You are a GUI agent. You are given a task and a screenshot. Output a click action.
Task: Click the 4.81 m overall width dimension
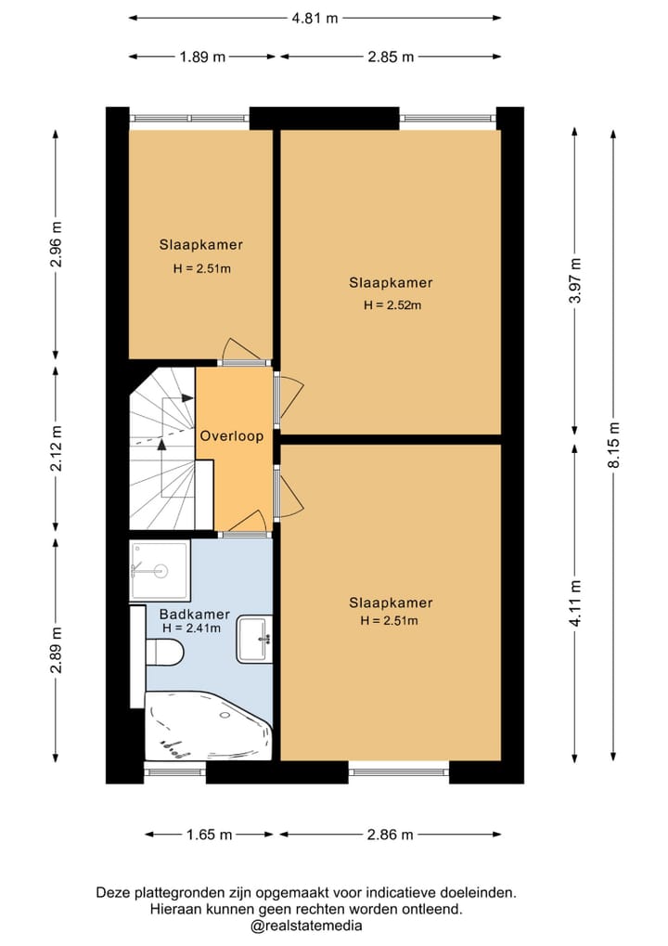315,18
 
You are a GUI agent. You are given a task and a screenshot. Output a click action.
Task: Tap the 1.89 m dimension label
202,57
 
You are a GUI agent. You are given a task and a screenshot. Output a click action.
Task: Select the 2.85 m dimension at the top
391,57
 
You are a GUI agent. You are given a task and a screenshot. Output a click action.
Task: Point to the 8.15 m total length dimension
614,444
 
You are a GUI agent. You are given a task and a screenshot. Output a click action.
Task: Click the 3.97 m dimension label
576,280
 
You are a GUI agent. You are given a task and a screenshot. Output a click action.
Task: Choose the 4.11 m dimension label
576,603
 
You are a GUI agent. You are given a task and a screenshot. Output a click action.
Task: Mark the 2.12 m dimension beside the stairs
56,447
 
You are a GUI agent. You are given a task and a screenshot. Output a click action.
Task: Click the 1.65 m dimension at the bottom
209,835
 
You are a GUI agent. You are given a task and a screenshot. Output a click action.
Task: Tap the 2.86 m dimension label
390,835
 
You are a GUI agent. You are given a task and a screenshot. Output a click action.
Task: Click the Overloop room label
232,435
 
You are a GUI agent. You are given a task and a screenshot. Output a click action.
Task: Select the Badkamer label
194,614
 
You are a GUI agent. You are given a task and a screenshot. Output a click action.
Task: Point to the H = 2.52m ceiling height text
392,305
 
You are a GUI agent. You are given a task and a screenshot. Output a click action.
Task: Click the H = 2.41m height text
192,629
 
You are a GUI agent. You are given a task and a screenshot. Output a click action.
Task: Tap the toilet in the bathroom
164,653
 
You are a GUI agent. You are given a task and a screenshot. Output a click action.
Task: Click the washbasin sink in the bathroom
254,639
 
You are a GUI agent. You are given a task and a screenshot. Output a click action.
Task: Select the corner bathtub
208,726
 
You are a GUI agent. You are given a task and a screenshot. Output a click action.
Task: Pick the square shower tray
160,570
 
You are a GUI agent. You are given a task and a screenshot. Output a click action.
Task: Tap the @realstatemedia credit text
305,926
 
